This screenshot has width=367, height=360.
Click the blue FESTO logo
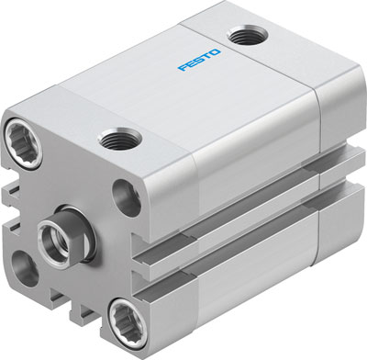point(199,60)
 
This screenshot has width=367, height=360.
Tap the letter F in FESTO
point(183,67)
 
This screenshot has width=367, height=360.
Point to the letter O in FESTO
point(215,52)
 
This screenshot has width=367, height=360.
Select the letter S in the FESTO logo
point(199,60)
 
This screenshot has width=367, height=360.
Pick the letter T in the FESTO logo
point(206,56)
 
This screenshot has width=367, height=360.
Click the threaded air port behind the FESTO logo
point(247,35)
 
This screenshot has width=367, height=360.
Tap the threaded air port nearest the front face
point(120,139)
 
